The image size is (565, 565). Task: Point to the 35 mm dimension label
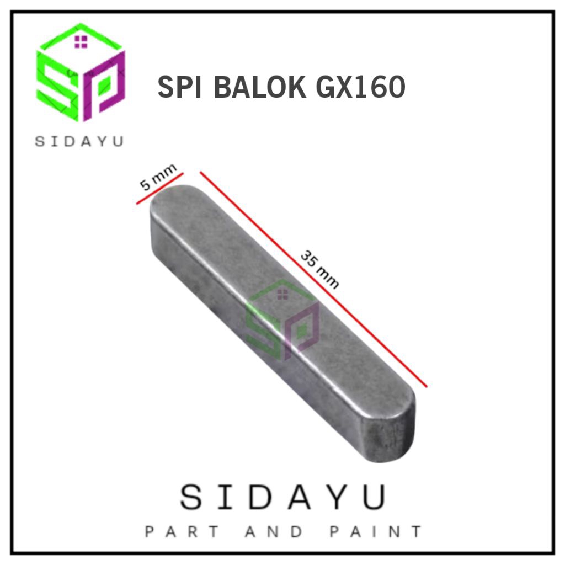pos(319,270)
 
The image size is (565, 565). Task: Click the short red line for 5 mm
pos(159,189)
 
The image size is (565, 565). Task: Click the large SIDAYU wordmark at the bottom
pos(282,498)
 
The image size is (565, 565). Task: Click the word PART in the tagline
pos(182,532)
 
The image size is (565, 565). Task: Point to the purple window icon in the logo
pos(81,41)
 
